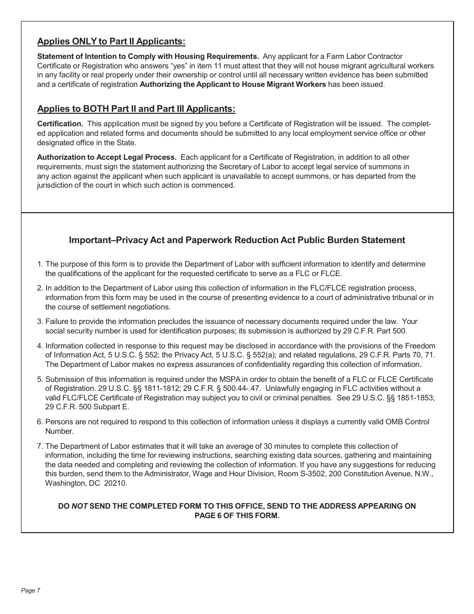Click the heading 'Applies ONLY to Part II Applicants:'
point(111,41)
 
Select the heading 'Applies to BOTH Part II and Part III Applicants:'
point(136,109)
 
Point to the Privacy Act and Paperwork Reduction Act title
point(237,240)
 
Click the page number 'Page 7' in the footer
point(30,591)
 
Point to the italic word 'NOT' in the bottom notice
point(79,506)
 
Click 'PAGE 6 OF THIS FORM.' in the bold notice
point(237,516)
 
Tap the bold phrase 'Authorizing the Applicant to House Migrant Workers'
point(233,84)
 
